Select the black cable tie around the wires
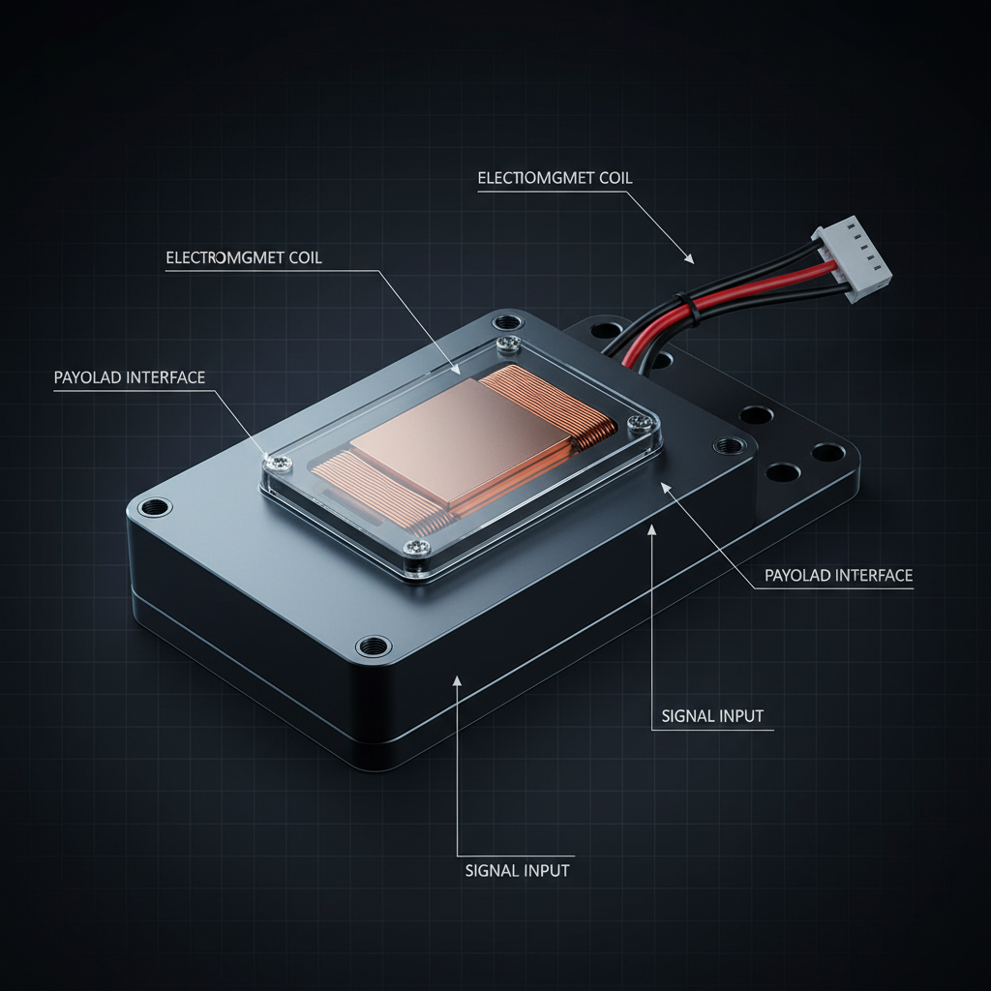tap(687, 309)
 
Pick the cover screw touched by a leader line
tap(278, 463)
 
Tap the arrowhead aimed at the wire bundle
tap(689, 257)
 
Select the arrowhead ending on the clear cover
tap(455, 369)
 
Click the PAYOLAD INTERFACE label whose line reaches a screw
tap(130, 377)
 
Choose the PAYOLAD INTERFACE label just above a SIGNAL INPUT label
tap(839, 575)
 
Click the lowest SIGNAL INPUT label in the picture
tap(517, 870)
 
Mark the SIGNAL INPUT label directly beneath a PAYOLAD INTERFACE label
tap(712, 716)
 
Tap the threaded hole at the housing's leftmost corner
tap(155, 507)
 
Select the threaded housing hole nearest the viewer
tap(374, 646)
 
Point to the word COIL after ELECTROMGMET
tap(305, 257)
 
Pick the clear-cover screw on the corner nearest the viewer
tap(416, 548)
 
